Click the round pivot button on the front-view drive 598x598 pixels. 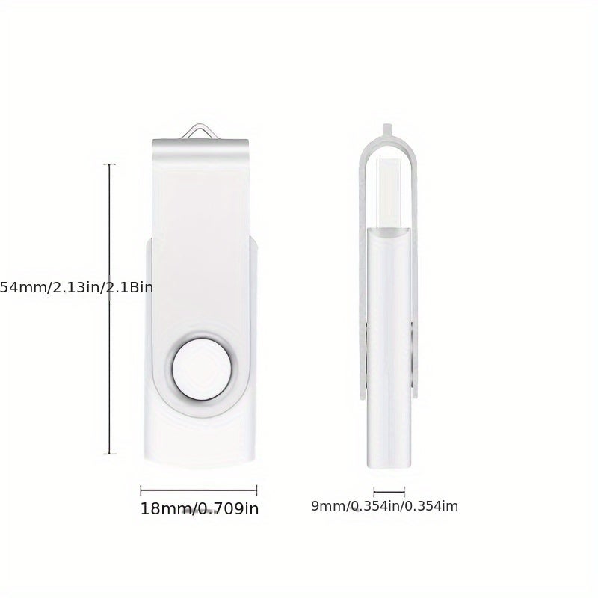(x=202, y=369)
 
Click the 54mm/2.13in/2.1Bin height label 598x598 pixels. (x=76, y=287)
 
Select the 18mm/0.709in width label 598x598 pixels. (x=200, y=508)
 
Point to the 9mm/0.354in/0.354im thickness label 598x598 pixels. (x=384, y=506)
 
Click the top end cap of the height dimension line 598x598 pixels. (x=109, y=164)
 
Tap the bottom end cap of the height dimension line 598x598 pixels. (x=109, y=454)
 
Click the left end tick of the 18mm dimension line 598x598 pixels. (x=141, y=490)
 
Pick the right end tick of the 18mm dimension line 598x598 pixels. (x=256, y=490)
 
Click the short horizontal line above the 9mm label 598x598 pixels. (x=389, y=492)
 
